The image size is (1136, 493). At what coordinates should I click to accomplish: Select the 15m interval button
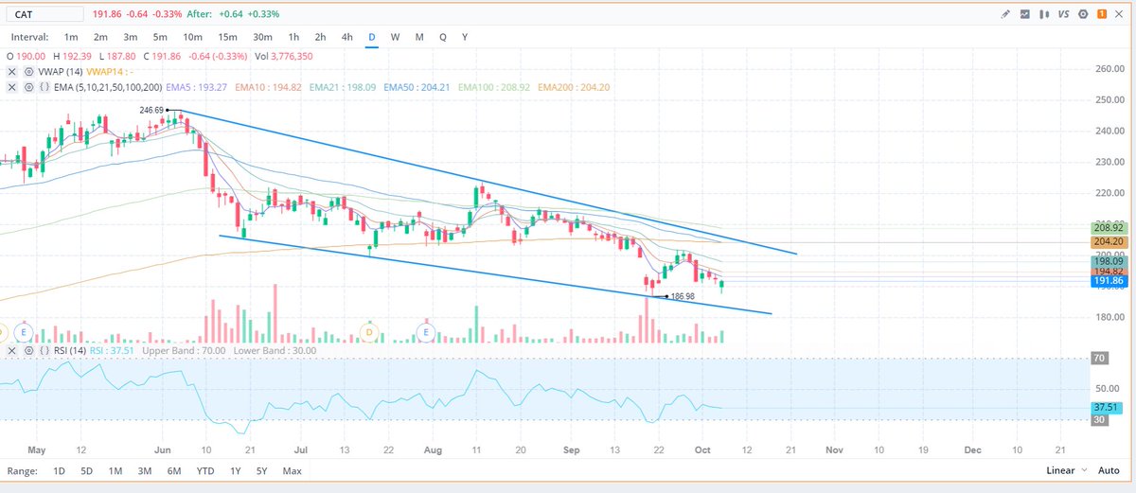pos(227,36)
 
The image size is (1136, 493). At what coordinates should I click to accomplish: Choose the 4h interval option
pos(347,36)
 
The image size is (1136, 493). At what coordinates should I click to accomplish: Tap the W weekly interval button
pos(395,36)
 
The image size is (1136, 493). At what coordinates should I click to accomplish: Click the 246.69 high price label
pos(152,111)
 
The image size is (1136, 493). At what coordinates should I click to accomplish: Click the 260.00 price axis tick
pos(1108,69)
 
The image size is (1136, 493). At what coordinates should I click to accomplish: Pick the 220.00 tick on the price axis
pos(1108,193)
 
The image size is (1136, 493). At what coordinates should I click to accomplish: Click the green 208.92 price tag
pos(1108,228)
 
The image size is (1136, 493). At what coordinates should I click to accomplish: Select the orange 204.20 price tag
pos(1108,242)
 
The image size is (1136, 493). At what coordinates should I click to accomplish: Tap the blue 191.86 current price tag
pos(1108,281)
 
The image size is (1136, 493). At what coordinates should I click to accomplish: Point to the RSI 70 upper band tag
pos(1100,359)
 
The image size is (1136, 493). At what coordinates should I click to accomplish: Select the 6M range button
pos(173,470)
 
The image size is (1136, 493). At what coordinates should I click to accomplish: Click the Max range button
pos(292,470)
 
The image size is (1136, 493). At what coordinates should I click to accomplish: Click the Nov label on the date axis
pos(834,450)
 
